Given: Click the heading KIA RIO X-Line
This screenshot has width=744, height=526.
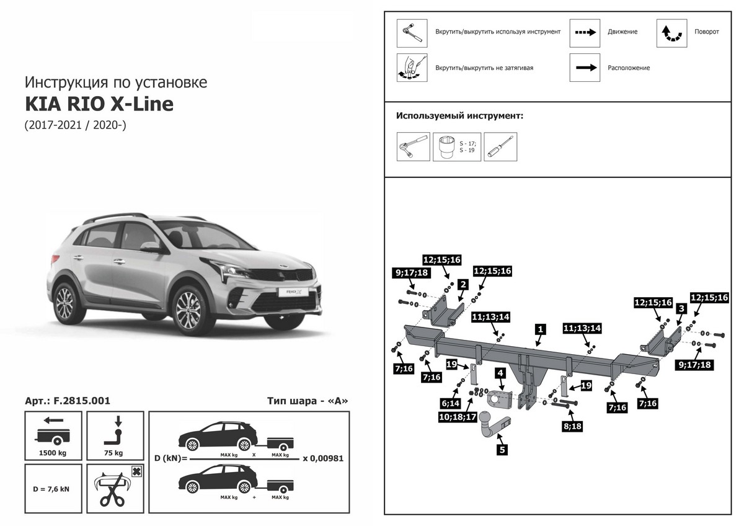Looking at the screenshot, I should [x=99, y=104].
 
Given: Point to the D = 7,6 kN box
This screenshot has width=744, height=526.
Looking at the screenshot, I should [x=53, y=488].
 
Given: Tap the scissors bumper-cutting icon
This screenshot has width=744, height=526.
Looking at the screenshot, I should [x=115, y=488].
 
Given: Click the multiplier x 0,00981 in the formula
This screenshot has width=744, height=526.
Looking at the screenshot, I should [x=322, y=459].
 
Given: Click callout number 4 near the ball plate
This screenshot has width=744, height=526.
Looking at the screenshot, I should [x=500, y=373].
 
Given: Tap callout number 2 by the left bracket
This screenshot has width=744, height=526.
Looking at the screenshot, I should [x=463, y=285].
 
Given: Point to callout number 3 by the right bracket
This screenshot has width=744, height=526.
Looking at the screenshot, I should [x=681, y=308].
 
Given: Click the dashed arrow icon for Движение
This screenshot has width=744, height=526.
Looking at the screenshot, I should [x=585, y=32].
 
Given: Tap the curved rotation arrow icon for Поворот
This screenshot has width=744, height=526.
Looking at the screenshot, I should [x=671, y=32].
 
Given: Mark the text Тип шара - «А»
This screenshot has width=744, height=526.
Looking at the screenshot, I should [x=308, y=401].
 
